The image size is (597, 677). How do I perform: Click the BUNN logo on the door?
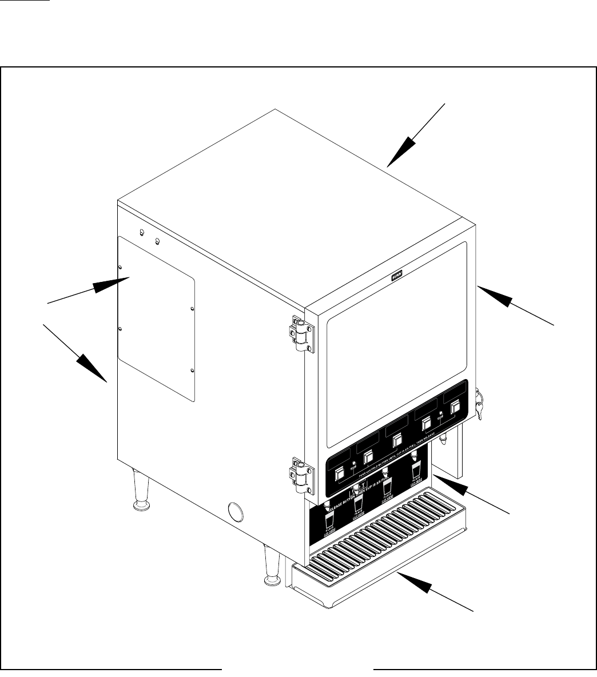point(396,276)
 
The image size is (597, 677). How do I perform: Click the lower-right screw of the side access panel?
point(192,371)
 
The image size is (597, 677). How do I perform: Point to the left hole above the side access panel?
point(141,233)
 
